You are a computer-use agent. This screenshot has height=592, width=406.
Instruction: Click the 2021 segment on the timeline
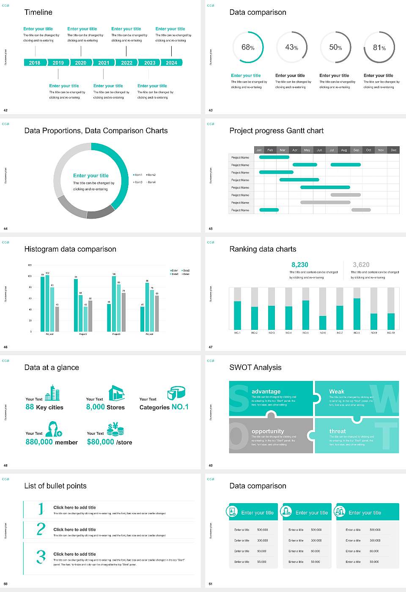point(104,63)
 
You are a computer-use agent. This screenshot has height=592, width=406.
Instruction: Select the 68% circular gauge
point(248,47)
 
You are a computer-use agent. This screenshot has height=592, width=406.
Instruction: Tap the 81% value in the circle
point(379,48)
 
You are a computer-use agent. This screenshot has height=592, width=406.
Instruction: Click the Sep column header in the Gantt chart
point(356,150)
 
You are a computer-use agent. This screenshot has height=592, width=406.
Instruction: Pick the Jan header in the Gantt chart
point(259,150)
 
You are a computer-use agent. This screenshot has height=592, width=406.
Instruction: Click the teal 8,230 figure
point(300,265)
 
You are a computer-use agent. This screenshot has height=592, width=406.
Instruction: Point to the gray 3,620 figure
point(361,265)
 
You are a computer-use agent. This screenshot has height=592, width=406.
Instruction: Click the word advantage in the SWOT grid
point(266,392)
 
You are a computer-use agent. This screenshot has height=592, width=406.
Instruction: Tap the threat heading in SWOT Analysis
point(337,431)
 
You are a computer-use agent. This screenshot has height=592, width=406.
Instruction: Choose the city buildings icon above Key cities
point(52,393)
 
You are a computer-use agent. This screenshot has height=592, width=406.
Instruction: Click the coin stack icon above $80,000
point(115,430)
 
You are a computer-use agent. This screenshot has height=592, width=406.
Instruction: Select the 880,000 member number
point(40,442)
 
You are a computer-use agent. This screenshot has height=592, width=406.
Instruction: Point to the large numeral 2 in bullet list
point(41,529)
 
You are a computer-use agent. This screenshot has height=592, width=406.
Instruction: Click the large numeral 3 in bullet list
point(41,556)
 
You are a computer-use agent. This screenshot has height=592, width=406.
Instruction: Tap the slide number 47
point(211,347)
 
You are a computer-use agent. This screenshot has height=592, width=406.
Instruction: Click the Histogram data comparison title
point(70,249)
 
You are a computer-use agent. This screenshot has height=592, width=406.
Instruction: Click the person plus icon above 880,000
point(54,429)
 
